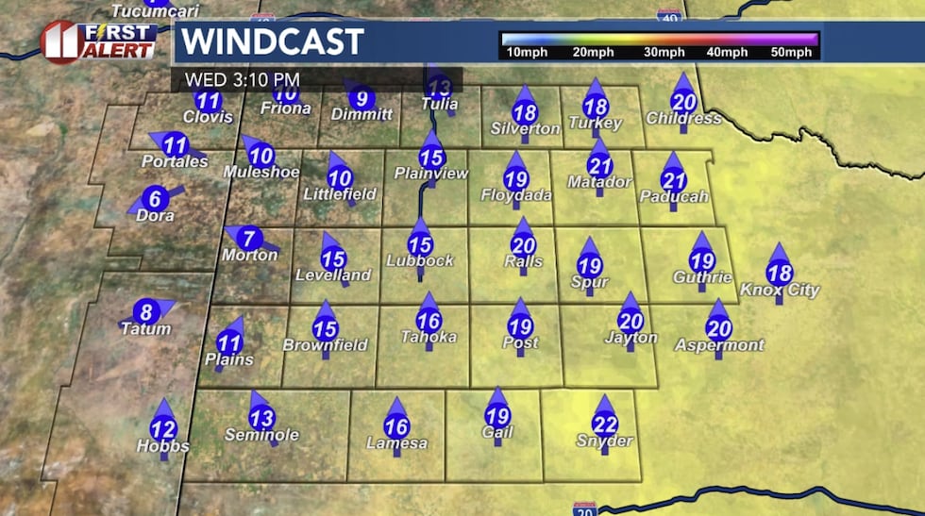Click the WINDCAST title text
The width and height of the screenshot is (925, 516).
click(x=272, y=42)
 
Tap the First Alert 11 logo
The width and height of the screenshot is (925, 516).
click(x=98, y=42)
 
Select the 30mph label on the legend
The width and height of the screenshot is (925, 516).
click(x=664, y=53)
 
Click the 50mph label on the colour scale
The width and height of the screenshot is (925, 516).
click(x=791, y=53)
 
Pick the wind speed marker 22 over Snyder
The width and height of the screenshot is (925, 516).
click(x=604, y=424)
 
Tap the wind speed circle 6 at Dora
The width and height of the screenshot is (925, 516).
click(x=156, y=199)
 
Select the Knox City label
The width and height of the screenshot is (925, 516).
click(x=780, y=291)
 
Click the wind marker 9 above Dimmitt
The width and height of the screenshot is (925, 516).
click(x=361, y=97)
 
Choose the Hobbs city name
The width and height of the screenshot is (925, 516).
click(x=162, y=446)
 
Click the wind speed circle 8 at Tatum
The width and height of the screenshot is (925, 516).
click(x=144, y=312)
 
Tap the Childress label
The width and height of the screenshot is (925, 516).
click(x=683, y=119)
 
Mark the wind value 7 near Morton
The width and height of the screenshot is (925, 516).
click(x=249, y=239)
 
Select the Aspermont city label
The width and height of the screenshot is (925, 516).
click(x=719, y=345)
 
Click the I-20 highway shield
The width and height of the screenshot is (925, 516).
click(x=584, y=508)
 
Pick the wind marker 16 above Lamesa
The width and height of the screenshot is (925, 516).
click(x=396, y=427)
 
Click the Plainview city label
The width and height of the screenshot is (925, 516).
click(x=430, y=174)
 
